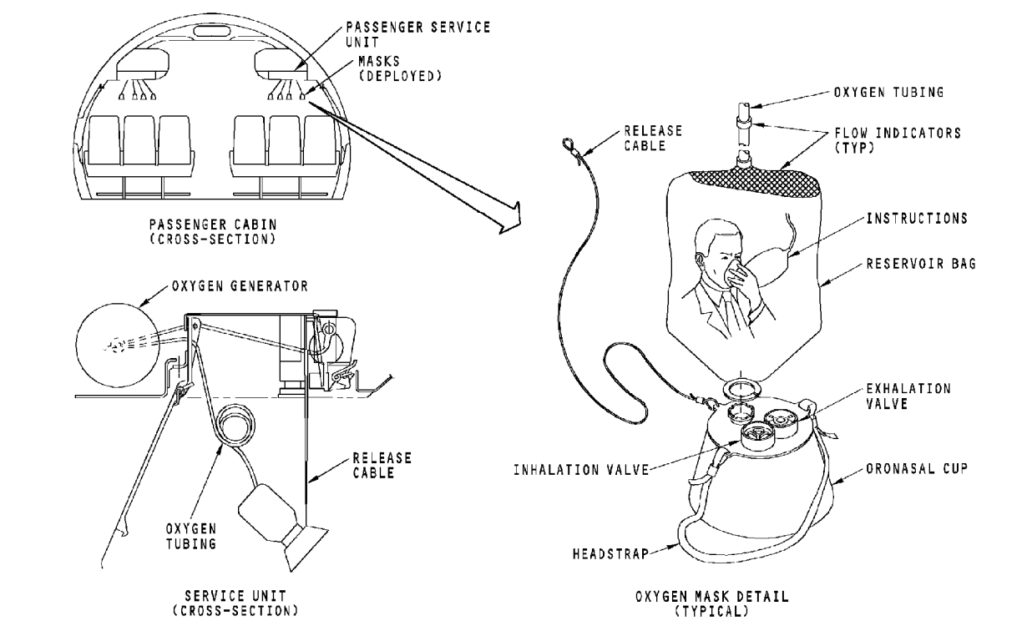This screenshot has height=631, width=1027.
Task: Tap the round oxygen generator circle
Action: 118,344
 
